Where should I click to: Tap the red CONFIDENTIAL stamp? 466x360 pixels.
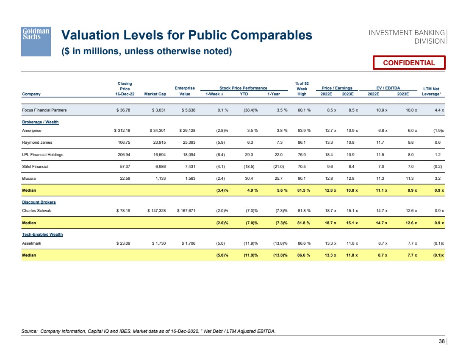[409, 63]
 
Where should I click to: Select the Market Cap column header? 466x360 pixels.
[155, 94]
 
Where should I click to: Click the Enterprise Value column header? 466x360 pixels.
[185, 91]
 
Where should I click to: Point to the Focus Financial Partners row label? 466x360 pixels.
[44, 110]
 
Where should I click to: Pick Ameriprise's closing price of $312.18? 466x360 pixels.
[124, 131]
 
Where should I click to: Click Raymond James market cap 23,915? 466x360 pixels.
[160, 143]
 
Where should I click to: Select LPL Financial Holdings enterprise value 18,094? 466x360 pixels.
[187, 155]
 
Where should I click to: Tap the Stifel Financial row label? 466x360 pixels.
[35, 167]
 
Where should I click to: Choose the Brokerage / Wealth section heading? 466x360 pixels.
[40, 122]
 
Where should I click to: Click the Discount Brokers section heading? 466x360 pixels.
[39, 202]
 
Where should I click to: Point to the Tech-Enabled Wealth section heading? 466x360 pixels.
[42, 234]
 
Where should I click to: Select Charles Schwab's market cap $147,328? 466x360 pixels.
[158, 211]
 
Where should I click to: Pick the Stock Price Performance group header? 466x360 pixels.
[243, 88]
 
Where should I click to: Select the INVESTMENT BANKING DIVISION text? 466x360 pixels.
[407, 37]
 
